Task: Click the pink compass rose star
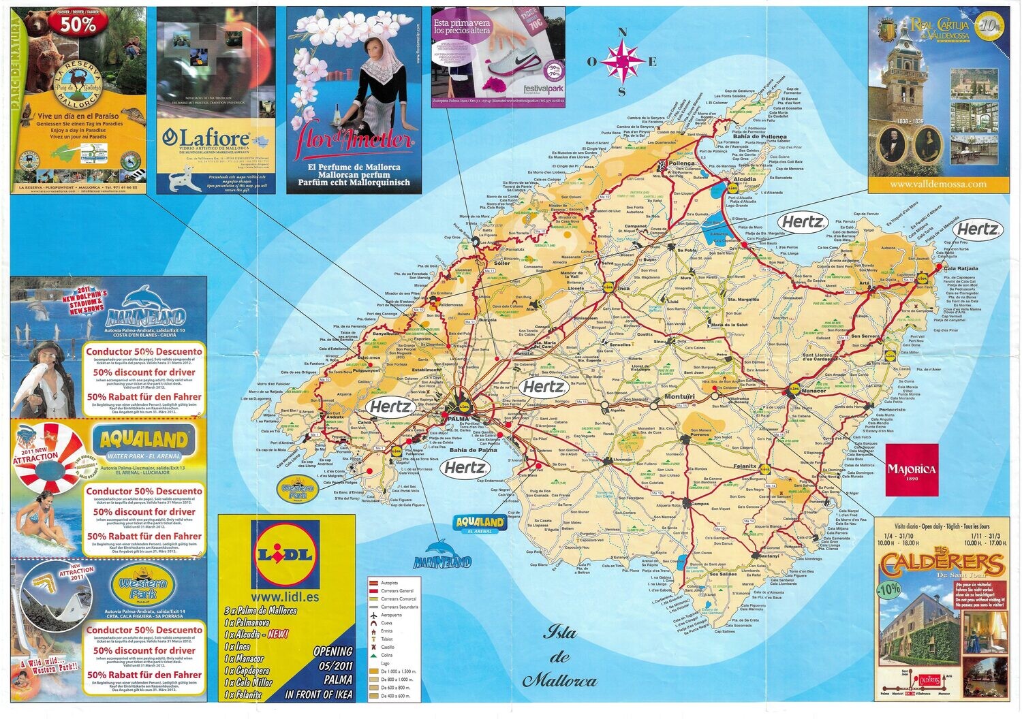click(x=621, y=61)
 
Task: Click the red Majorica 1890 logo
click(x=912, y=470)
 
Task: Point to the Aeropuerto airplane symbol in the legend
click(x=373, y=615)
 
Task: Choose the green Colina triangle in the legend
click(x=373, y=655)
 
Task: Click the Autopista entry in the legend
click(x=389, y=584)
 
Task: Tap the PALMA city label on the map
click(x=459, y=418)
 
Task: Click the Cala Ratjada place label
click(x=961, y=268)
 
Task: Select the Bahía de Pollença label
click(x=760, y=137)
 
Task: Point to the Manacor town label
click(x=814, y=391)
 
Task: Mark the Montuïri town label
click(x=679, y=396)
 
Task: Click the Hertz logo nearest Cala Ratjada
click(x=977, y=229)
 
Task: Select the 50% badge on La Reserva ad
click(x=78, y=24)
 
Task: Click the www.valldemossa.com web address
click(x=938, y=184)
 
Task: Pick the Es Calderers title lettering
click(x=942, y=564)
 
